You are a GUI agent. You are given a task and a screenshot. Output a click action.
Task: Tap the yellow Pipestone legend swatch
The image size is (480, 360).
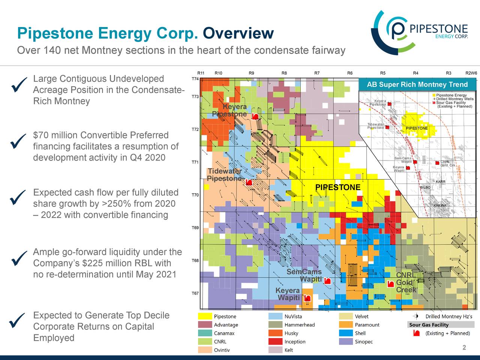(205, 316)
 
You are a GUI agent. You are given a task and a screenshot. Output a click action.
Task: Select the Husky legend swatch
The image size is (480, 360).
(276, 333)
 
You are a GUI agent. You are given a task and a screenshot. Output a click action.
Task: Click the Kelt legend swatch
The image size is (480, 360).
(276, 350)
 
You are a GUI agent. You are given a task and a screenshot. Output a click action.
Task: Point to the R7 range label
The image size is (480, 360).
(317, 73)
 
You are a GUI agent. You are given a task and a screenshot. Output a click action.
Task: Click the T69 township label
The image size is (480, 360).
(195, 228)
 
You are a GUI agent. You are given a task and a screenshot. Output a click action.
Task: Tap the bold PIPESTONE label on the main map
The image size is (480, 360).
(337, 187)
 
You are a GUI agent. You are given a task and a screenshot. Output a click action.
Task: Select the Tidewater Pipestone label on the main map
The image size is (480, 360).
(225, 175)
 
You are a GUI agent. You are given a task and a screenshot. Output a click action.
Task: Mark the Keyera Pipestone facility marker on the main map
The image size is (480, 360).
(255, 117)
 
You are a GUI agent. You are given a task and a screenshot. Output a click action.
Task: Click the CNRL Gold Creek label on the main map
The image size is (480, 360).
(406, 282)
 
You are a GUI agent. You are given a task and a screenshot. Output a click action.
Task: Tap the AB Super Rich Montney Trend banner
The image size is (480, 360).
(417, 84)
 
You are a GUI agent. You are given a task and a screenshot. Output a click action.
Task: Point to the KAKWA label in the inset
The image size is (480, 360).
(439, 205)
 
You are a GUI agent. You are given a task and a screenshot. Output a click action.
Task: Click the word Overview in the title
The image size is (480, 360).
(238, 33)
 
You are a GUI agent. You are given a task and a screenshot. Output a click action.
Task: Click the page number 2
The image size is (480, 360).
(464, 348)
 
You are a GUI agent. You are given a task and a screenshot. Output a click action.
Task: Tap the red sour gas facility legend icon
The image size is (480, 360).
(416, 333)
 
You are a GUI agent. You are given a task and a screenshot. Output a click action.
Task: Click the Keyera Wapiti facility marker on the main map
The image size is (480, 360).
(307, 298)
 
